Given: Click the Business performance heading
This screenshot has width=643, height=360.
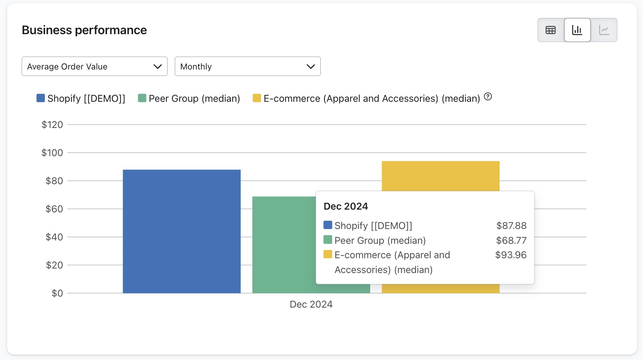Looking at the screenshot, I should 84,30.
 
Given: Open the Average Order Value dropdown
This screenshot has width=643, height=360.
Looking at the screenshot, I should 95,66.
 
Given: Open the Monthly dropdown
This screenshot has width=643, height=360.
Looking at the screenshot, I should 247,66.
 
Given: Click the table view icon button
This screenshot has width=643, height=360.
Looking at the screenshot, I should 551,30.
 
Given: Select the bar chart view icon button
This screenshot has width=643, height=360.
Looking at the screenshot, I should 577,30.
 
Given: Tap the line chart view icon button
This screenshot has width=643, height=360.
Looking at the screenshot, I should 604,30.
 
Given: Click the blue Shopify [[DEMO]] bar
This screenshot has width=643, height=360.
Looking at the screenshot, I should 182,231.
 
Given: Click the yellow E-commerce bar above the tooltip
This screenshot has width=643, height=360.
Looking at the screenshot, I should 440,176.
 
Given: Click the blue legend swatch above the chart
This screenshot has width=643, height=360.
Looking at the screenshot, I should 41,98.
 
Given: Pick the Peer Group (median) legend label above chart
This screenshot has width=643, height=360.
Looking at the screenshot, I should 194,98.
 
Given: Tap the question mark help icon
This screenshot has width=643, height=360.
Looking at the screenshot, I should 488,97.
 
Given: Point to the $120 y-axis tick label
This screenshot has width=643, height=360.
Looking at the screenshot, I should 52,125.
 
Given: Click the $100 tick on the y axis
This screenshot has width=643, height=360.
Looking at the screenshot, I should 52,153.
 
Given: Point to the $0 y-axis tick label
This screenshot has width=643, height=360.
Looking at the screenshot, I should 57,293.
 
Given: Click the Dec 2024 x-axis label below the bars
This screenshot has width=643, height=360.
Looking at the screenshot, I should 311,304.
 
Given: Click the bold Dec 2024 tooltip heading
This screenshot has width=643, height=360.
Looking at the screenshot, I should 346,206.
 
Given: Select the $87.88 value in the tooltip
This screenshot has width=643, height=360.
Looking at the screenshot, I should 511,226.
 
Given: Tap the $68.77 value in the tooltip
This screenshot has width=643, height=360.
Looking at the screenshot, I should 511,240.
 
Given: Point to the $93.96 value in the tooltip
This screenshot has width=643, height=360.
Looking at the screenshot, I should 511,255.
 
